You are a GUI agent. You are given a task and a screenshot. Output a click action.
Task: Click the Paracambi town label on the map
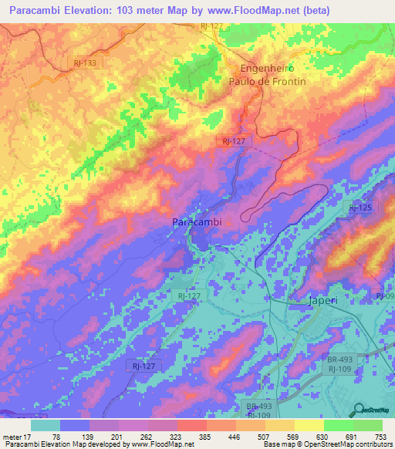click(x=196, y=222)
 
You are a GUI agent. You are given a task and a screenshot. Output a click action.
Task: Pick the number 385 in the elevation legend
click(x=204, y=437)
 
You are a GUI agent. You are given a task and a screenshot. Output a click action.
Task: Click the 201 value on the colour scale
click(x=116, y=437)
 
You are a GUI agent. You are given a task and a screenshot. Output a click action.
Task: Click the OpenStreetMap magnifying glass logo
click(x=358, y=409)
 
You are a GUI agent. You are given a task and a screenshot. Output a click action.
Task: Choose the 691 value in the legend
click(x=350, y=437)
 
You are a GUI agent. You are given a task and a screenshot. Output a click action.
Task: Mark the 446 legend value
click(x=233, y=437)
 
